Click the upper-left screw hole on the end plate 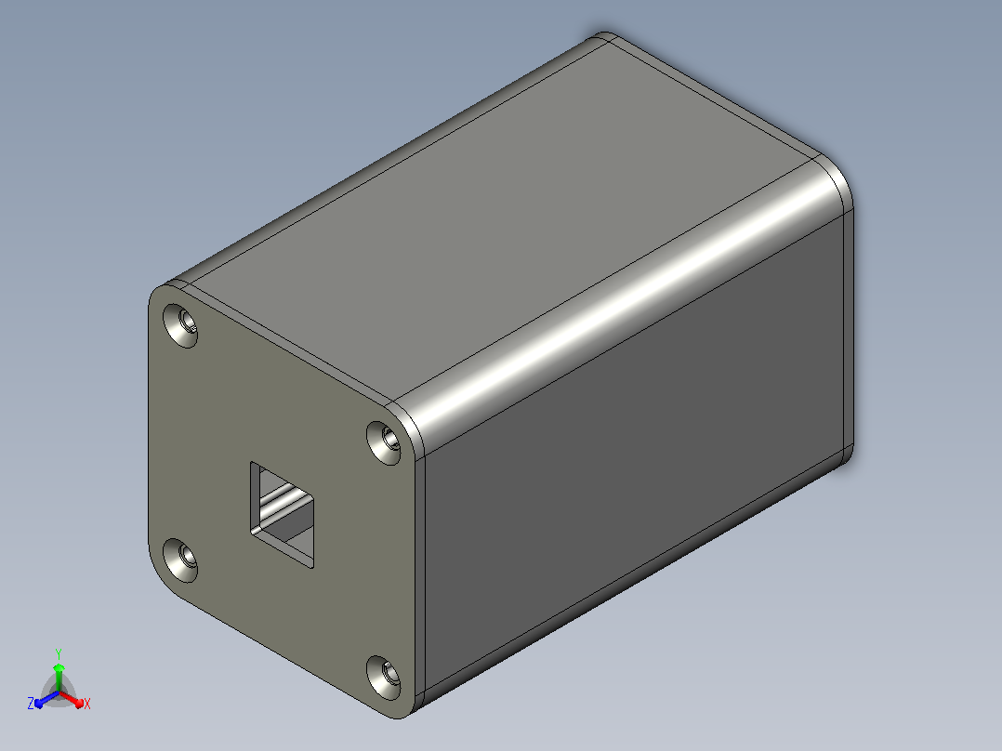tap(180, 325)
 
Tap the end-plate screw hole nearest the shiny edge tap(383, 441)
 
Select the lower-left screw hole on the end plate tap(180, 560)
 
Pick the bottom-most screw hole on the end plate tap(383, 677)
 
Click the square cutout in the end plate tap(282, 515)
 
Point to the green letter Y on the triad tap(59, 654)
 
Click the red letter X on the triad tap(87, 704)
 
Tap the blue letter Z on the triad tap(31, 704)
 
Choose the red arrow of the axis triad tap(72, 699)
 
